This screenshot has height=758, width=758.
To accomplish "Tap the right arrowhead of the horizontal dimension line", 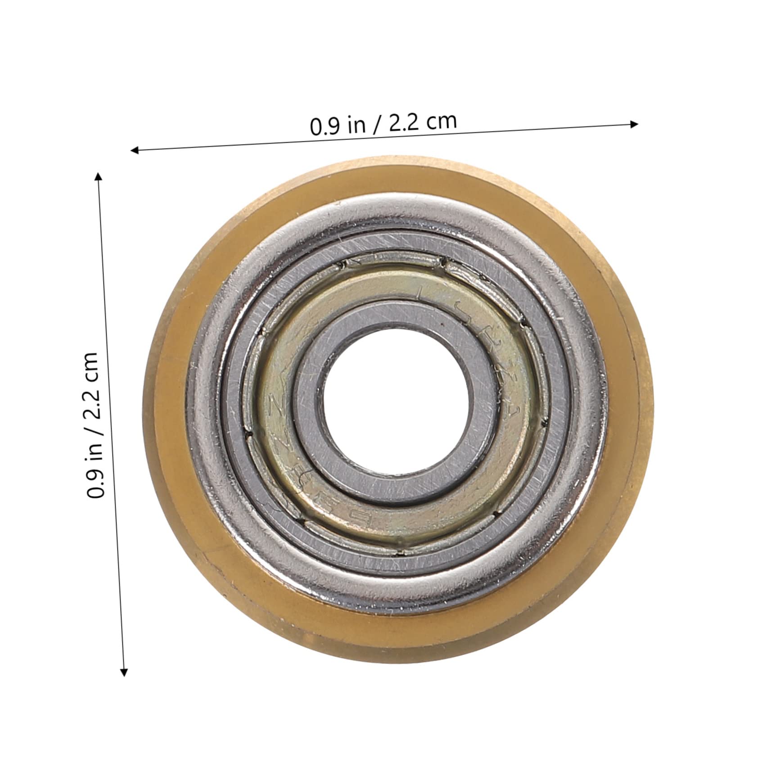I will tap(634, 124).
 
